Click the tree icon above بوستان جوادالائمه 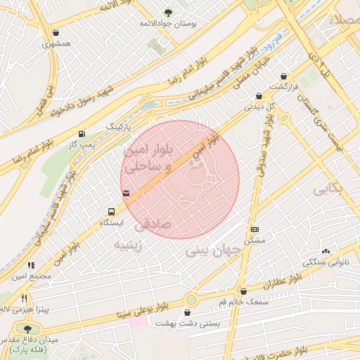point(167,13)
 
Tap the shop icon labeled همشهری point(56,32)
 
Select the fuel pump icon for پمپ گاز point(83,134)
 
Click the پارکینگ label point(118,126)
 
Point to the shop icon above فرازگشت point(283,76)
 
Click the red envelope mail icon point(126,193)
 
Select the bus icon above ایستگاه point(111,212)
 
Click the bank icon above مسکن point(254,230)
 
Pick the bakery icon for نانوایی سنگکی point(325,251)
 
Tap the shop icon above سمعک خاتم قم point(243,291)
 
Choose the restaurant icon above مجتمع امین point(31,266)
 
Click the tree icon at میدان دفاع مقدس point(28,328)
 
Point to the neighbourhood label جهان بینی point(208,250)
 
